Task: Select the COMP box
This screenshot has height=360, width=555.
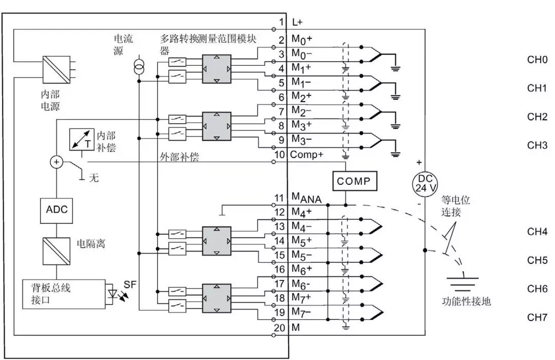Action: coord(354,181)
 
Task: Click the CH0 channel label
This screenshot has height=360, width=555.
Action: coord(537,60)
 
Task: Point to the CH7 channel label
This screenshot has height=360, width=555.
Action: coord(537,317)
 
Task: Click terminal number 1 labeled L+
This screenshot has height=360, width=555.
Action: coord(282,22)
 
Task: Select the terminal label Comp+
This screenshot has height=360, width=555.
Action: coord(306,154)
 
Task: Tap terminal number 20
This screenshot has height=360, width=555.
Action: coord(280,327)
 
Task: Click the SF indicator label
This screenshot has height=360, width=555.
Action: coord(131,284)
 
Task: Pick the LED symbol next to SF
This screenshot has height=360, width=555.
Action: coord(114,294)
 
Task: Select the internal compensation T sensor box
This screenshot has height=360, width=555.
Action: coord(82,140)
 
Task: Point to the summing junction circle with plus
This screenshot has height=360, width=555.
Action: coord(56,162)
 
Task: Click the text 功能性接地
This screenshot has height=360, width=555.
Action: coord(466,301)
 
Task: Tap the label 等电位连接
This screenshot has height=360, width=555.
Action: coord(455,205)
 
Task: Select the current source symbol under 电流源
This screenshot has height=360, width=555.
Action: coord(138,66)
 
